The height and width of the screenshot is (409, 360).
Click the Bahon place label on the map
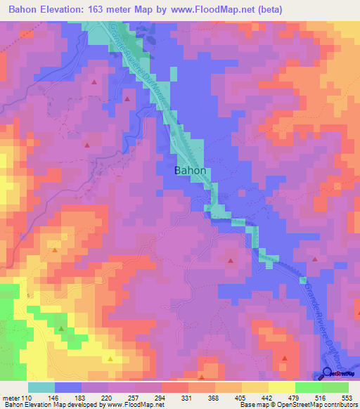(190, 171)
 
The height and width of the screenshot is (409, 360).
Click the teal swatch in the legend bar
(41, 387)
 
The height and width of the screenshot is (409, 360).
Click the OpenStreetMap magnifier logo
(328, 375)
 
